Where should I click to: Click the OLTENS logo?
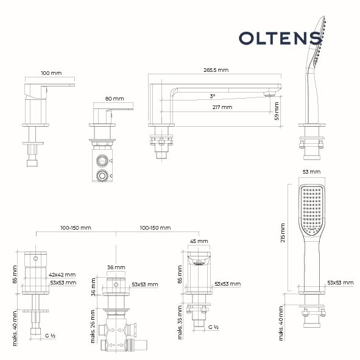(280, 38)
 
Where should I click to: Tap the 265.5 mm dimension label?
(216, 70)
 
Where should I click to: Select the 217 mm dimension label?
(222, 107)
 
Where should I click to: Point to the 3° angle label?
(213, 96)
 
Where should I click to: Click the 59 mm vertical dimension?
(277, 111)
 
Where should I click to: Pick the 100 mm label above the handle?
(51, 73)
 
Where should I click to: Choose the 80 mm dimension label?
(115, 99)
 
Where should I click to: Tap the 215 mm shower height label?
(283, 233)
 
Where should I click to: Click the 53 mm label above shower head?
(311, 172)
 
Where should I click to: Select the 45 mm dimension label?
(199, 241)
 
